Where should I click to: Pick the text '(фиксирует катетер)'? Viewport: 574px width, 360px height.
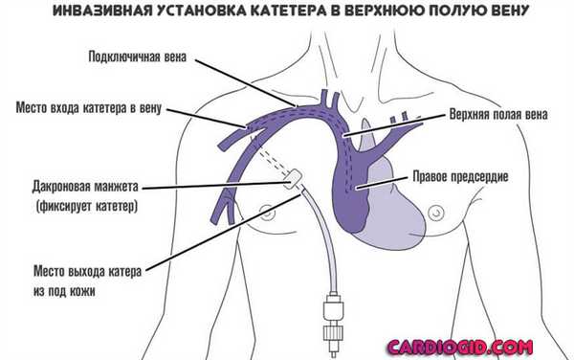pos(84,206)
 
